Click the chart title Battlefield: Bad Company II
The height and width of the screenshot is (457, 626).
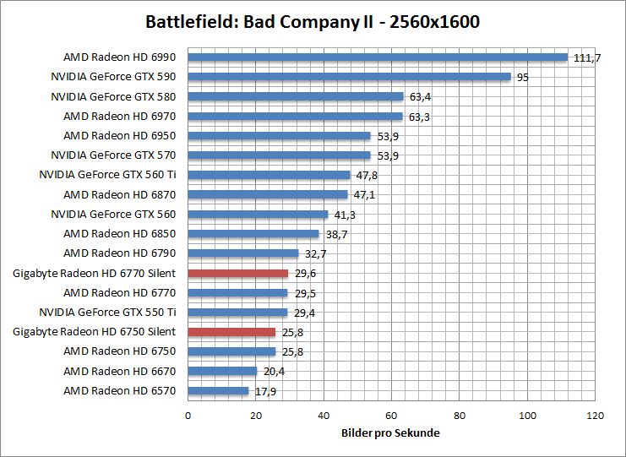pyautogui.click(x=313, y=21)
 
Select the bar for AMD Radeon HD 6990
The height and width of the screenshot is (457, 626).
pyautogui.click(x=378, y=57)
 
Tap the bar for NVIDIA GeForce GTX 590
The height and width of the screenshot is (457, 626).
pyautogui.click(x=349, y=77)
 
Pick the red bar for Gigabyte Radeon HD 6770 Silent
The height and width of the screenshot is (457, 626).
pyautogui.click(x=238, y=273)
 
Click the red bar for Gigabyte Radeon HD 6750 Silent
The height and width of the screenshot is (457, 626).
pyautogui.click(x=231, y=332)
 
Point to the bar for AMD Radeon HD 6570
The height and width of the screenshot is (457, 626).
pyautogui.click(x=218, y=390)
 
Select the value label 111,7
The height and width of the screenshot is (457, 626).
pyautogui.click(x=585, y=57)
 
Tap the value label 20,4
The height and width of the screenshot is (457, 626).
pyautogui.click(x=272, y=371)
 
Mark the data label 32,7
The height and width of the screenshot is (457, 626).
pyautogui.click(x=313, y=253)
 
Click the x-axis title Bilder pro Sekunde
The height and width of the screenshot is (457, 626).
pyautogui.click(x=391, y=433)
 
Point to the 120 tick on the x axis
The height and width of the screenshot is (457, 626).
pyautogui.click(x=596, y=416)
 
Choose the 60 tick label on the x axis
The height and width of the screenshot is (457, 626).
pyautogui.click(x=392, y=416)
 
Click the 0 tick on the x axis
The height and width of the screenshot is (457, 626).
pyautogui.click(x=188, y=416)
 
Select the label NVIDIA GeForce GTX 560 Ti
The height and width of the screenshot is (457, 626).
pyautogui.click(x=108, y=175)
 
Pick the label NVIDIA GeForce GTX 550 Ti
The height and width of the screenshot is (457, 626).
pyautogui.click(x=108, y=312)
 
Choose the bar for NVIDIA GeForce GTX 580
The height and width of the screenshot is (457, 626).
pyautogui.click(x=296, y=96)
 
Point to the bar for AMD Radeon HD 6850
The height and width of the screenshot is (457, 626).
pyautogui.click(x=253, y=233)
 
